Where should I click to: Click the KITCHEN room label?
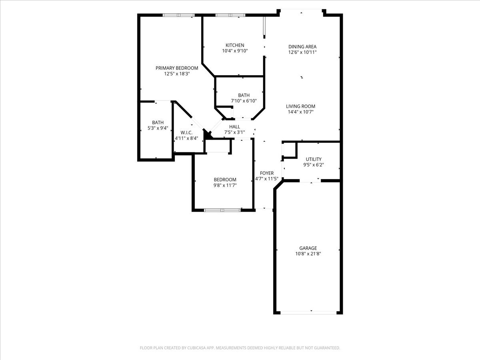[235, 45]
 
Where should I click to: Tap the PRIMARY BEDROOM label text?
[177, 68]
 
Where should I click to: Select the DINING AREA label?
[302, 46]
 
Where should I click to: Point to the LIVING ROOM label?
[300, 106]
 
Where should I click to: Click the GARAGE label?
[308, 248]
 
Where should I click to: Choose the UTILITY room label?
[314, 159]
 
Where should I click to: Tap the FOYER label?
[267, 173]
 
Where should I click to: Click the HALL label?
[234, 127]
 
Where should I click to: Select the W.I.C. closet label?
[186, 132]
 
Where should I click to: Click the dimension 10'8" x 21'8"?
[308, 254]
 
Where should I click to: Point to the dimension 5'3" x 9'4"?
[158, 128]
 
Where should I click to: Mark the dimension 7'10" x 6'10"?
[244, 101]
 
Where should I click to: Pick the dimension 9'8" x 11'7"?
[225, 185]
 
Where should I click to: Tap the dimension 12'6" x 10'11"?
[302, 52]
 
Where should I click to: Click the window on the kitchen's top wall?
[230, 15]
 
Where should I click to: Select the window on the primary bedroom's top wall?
[178, 15]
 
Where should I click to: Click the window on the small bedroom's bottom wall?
[222, 210]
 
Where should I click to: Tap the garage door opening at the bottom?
[308, 312]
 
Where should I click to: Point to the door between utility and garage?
[310, 181]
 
